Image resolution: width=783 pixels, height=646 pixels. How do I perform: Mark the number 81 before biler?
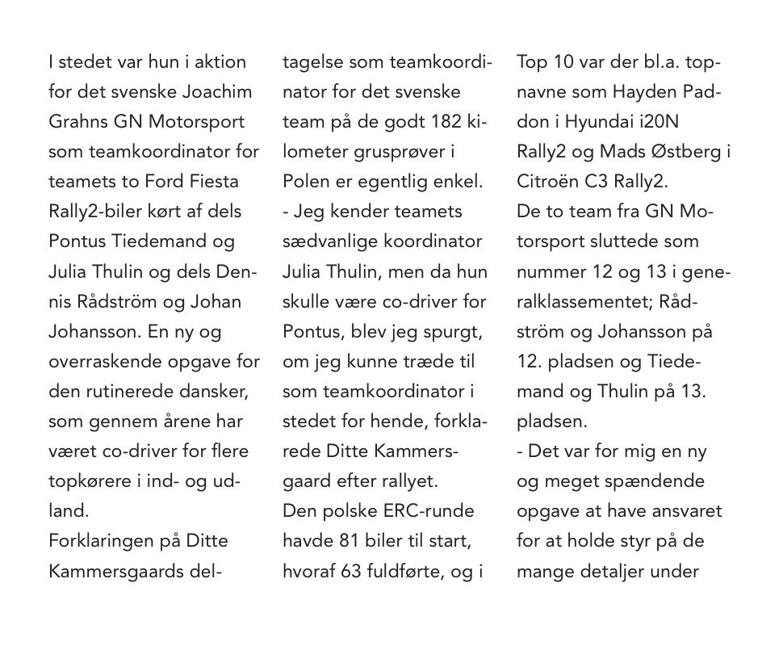coord(350,541)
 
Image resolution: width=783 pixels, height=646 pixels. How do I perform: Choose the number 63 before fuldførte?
coord(350,571)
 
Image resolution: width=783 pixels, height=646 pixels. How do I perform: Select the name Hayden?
coord(644,91)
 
